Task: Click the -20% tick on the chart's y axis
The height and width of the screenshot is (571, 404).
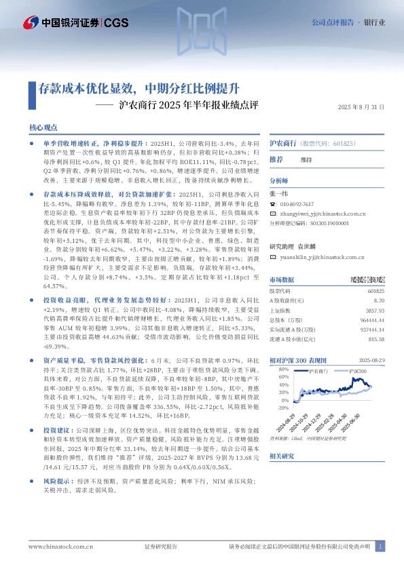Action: (282, 408)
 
